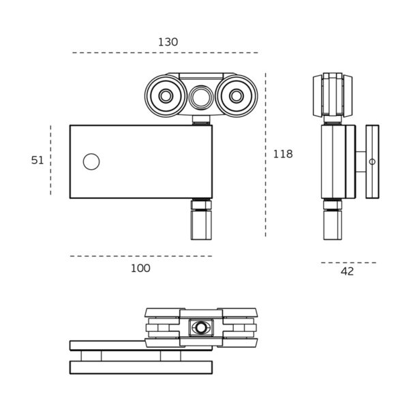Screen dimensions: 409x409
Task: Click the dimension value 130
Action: (x=168, y=42)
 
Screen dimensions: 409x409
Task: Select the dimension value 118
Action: (x=282, y=154)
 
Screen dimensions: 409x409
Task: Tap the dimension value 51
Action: (x=37, y=160)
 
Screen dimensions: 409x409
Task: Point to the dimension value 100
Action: (x=140, y=269)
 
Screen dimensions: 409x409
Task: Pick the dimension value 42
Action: (x=347, y=271)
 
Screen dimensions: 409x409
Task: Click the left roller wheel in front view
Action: (x=166, y=96)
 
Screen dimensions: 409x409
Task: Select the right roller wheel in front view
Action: (x=236, y=96)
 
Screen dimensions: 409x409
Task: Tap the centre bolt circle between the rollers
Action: (x=201, y=97)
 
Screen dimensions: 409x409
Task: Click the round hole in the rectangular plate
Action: (x=91, y=162)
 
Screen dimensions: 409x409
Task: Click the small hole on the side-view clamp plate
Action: (x=372, y=162)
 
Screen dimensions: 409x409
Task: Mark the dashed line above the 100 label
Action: (x=140, y=256)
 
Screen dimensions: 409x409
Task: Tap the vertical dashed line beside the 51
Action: (x=50, y=160)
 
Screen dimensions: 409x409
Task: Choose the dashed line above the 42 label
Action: (x=348, y=262)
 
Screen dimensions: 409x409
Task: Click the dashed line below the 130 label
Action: (x=165, y=52)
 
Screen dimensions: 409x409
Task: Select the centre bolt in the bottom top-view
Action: (x=201, y=328)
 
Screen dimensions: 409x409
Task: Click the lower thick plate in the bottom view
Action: (x=140, y=367)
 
